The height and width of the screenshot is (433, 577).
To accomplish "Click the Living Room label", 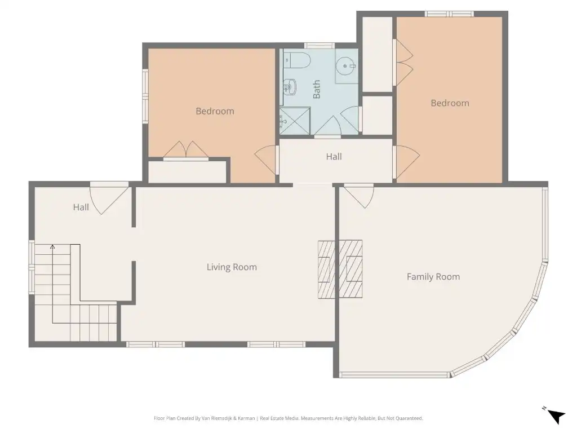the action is pos(232,267).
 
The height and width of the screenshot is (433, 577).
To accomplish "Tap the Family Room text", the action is pos(433,276).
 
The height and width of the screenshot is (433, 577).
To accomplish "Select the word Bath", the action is pos(317,90).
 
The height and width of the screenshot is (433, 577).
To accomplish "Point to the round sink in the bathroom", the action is pos(345,67).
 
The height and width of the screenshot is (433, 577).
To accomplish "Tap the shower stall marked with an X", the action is pos(295,121).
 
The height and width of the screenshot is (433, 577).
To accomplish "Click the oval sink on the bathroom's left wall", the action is pos(290,87).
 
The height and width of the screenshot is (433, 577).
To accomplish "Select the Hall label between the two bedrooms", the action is pos(334,157).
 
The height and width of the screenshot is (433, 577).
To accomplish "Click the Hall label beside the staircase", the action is pos(81,207).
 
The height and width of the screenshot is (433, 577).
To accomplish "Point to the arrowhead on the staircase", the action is pos(52,247).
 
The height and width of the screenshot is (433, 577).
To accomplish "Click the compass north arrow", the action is pos(556,416).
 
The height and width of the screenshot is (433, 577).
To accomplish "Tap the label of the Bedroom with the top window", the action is pos(450,103).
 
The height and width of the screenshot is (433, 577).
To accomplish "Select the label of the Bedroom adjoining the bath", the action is pos(215,111).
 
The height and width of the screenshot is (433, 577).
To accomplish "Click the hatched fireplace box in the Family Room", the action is pos(350,269).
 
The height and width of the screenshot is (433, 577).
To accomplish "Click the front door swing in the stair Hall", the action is pos(109,199).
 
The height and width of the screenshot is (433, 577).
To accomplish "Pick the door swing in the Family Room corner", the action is pos(358,196).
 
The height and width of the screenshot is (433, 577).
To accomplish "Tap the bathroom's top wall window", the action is pos(319,46).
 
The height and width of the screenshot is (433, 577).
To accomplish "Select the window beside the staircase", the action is pos(32,267).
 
